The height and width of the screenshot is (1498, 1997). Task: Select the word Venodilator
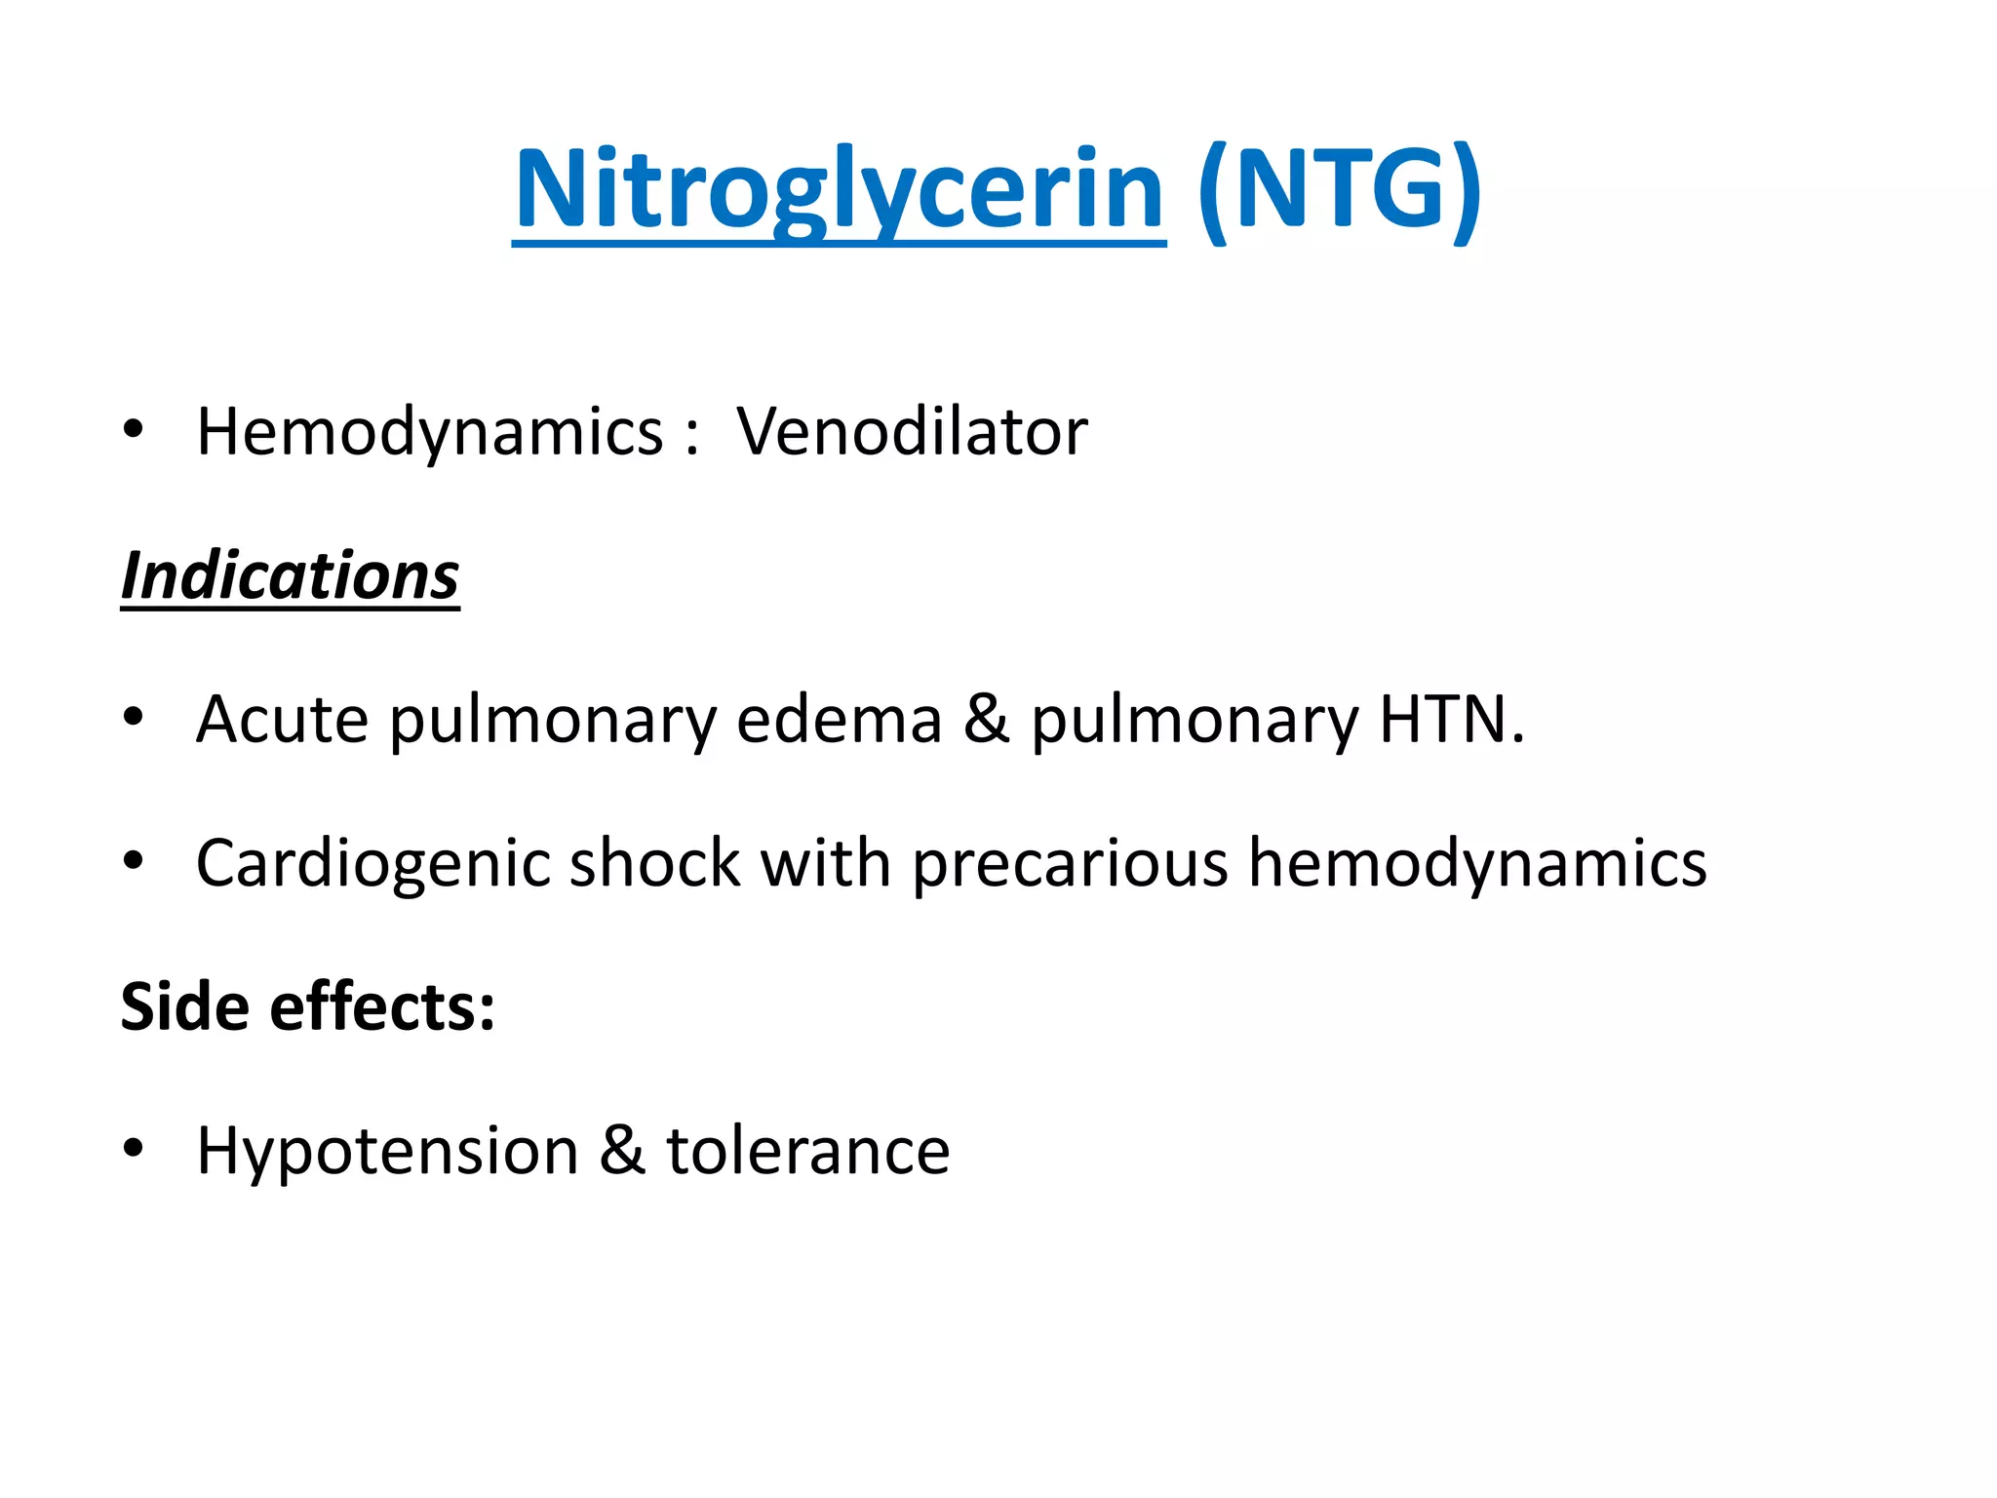912,431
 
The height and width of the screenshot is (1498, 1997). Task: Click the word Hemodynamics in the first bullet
429,431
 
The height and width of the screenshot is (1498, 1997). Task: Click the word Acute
282,720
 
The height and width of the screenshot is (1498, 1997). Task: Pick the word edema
839,720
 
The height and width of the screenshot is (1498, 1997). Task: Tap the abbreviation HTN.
1451,720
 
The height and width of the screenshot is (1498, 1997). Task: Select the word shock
654,864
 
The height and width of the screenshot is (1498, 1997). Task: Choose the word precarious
1070,864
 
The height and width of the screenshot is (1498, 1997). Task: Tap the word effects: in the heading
382,1007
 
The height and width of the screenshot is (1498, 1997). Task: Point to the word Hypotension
387,1152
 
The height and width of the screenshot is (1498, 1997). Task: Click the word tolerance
807,1152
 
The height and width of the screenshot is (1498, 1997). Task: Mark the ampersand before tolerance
622,1152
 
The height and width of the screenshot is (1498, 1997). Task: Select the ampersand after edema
987,720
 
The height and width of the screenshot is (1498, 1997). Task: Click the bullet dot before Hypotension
134,1148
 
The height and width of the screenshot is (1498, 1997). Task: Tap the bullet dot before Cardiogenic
134,860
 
